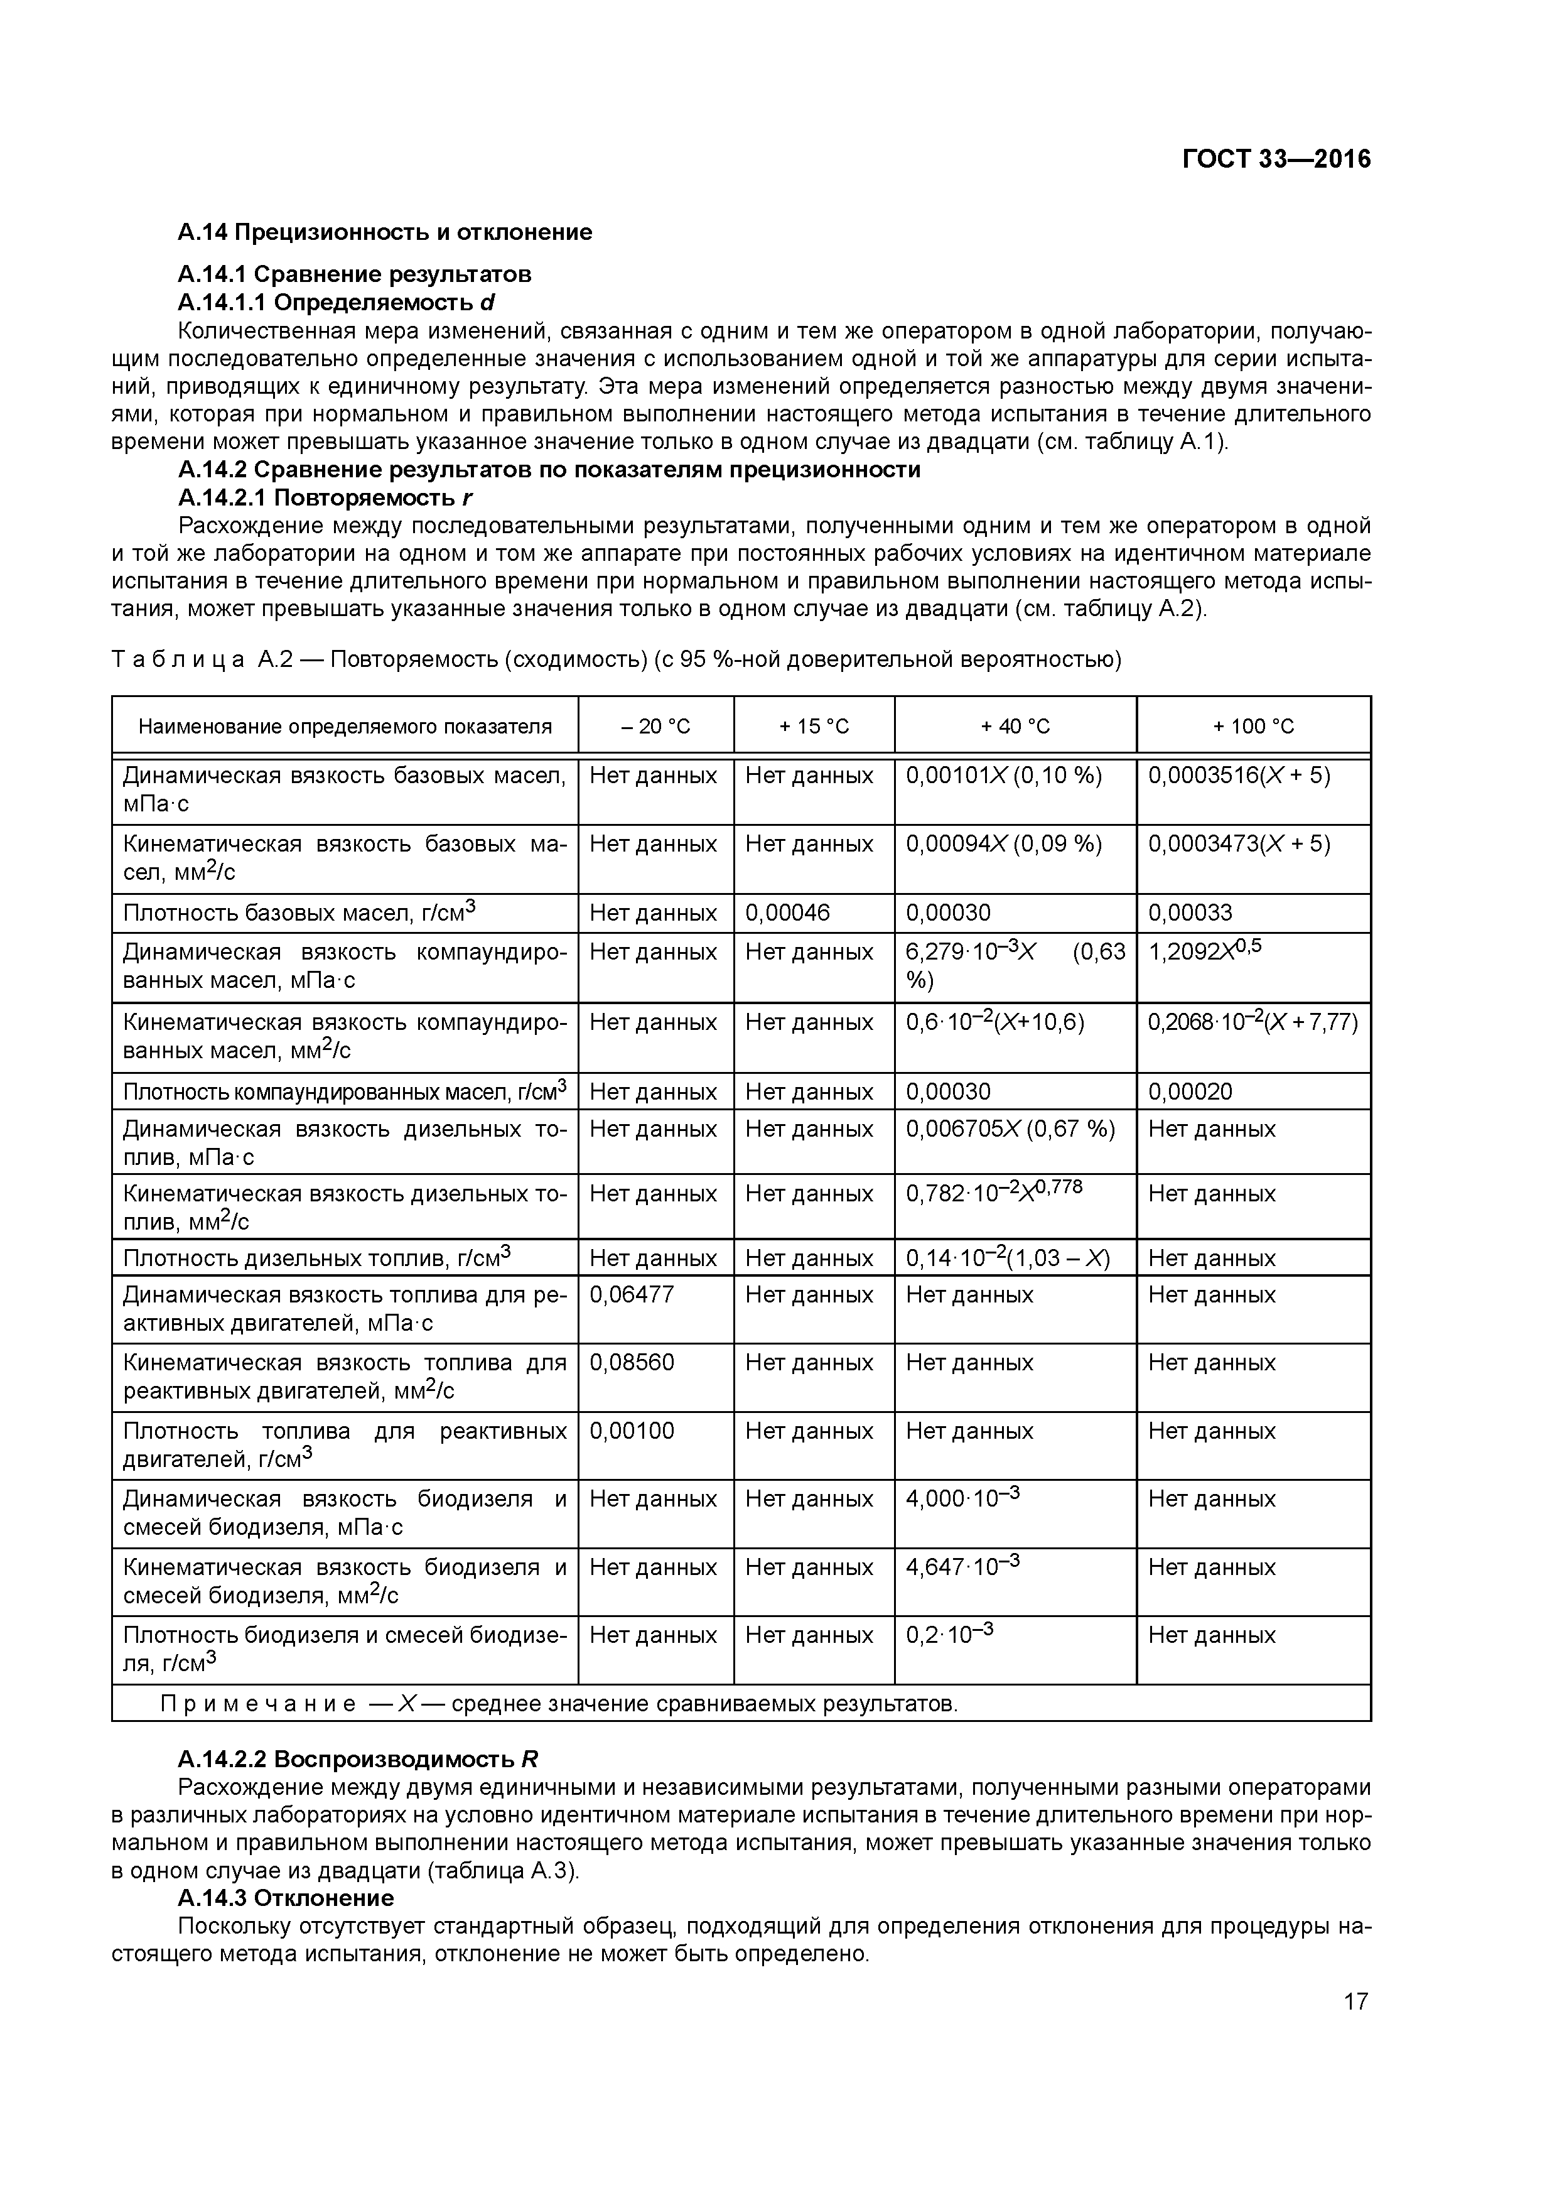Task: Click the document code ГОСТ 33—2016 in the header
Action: point(1276,160)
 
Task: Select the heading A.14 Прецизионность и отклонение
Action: point(385,232)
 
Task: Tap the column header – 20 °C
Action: point(655,727)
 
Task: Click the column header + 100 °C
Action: point(1253,727)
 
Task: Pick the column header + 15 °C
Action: point(814,727)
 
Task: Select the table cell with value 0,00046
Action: point(788,912)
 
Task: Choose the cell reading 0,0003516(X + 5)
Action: point(1239,776)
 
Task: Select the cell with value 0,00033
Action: point(1190,912)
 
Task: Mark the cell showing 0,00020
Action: point(1190,1092)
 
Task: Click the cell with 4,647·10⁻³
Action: point(962,1567)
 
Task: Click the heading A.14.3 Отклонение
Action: point(286,1898)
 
